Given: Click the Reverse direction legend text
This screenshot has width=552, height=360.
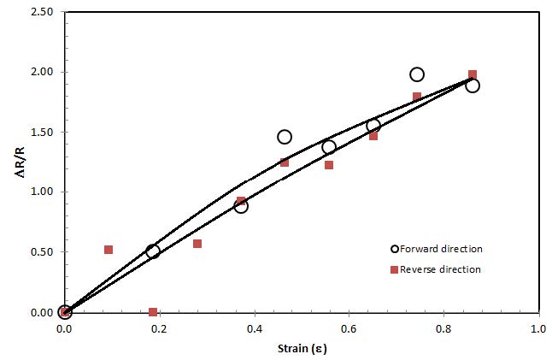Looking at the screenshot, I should tap(442, 269).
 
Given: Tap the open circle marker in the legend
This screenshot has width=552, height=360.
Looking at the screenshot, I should tap(394, 249).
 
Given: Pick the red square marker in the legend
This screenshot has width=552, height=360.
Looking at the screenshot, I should tap(394, 269).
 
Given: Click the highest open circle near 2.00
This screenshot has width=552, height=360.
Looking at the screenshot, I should tap(417, 74).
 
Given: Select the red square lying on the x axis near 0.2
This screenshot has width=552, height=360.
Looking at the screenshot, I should tap(153, 312).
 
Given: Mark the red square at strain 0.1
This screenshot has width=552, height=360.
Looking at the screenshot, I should tap(109, 250).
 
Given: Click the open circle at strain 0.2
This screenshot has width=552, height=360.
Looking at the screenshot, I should tap(153, 251).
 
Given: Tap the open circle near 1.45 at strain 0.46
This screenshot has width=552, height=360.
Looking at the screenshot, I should tap(285, 137).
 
